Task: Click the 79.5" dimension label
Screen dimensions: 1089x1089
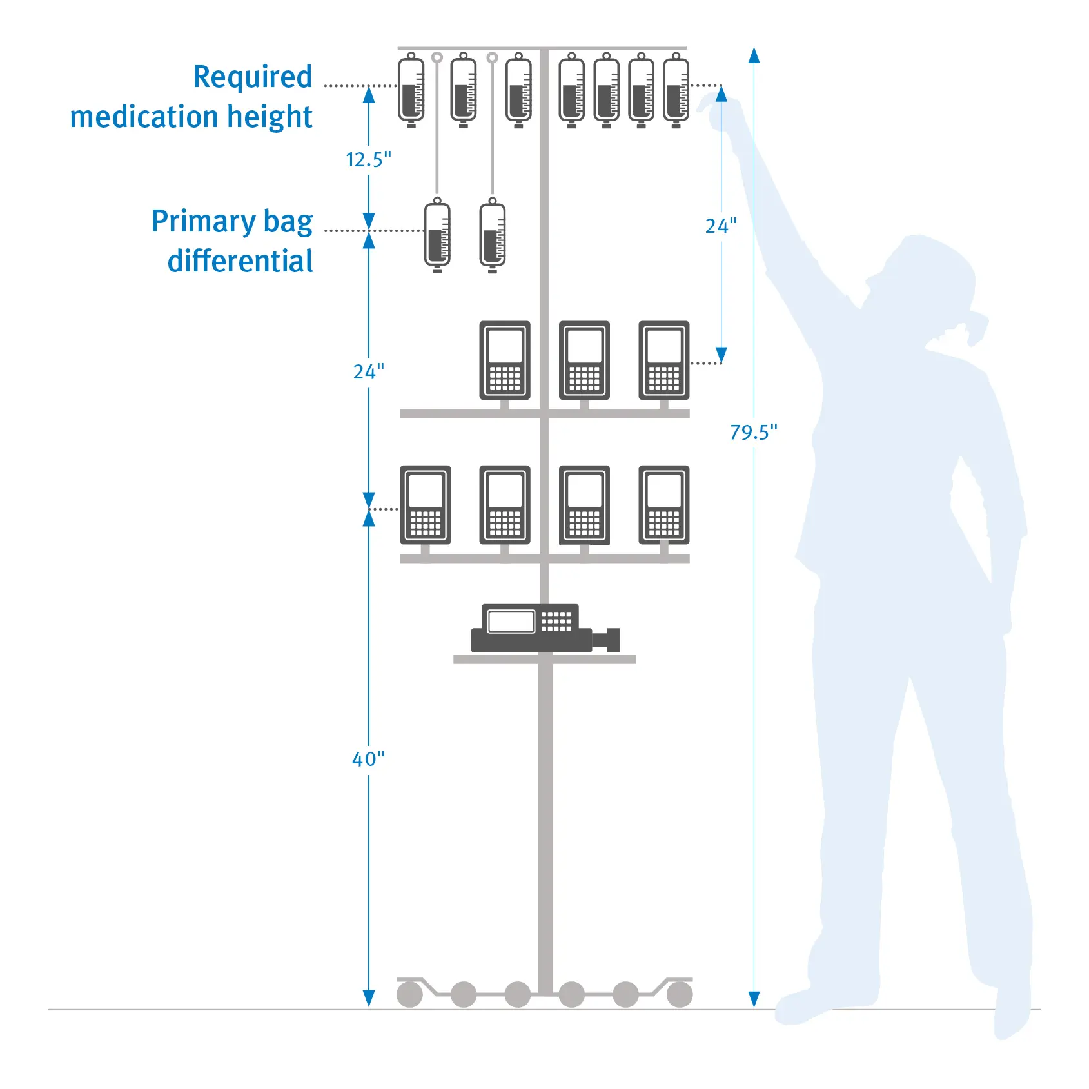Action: [x=753, y=432]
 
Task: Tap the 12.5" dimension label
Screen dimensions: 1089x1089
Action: [x=368, y=159]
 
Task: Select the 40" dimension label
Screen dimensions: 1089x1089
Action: [x=368, y=759]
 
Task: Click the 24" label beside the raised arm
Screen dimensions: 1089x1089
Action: [x=721, y=226]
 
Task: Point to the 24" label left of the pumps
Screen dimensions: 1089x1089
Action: [x=368, y=371]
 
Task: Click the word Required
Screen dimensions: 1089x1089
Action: [x=253, y=77]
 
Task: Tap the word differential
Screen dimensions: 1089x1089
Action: [x=240, y=261]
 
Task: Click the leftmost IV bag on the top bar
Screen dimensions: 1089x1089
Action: [x=411, y=90]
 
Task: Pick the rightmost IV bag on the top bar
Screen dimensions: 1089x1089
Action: [x=676, y=90]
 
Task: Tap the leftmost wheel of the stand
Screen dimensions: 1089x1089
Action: [x=409, y=994]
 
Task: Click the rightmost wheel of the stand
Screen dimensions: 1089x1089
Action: [x=680, y=994]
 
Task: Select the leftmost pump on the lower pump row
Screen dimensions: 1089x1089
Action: [x=426, y=505]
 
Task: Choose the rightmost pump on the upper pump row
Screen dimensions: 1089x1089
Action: [x=664, y=360]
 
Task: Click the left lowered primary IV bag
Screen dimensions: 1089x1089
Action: [x=437, y=235]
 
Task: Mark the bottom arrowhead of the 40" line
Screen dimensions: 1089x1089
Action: [x=369, y=998]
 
